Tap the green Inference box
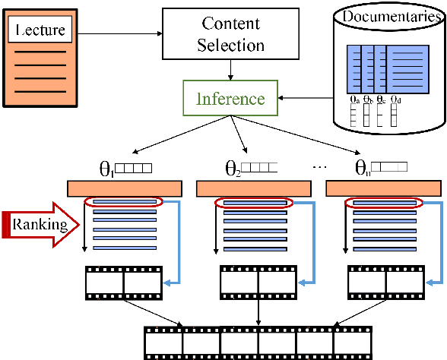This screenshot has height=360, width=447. tap(230, 99)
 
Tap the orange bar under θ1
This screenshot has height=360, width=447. tap(124, 188)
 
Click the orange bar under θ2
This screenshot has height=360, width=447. tap(252, 188)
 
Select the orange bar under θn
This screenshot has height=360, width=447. tap(381, 188)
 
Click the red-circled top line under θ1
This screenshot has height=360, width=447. tap(124, 203)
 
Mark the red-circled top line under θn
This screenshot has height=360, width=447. tap(381, 203)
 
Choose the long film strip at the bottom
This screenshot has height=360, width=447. tap(258, 342)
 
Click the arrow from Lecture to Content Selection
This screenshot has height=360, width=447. tap(122, 33)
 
